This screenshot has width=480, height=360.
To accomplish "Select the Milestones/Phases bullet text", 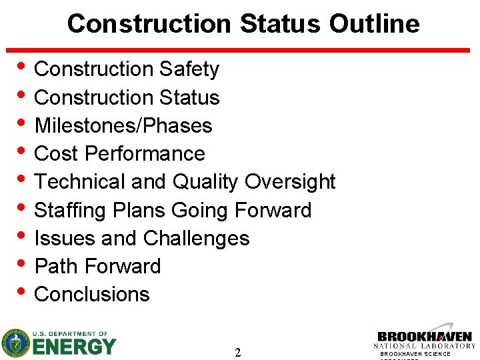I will click(123, 125).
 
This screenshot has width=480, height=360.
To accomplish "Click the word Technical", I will click(79, 181).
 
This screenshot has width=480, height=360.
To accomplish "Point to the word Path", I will click(55, 266).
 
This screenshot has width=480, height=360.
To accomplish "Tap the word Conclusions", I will click(92, 294).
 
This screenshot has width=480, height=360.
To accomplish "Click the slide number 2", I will click(238, 353).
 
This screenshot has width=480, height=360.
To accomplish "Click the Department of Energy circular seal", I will click(15, 343).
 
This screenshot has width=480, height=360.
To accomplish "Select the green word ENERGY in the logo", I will click(74, 347).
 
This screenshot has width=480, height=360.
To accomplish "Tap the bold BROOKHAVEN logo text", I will click(425, 338).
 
